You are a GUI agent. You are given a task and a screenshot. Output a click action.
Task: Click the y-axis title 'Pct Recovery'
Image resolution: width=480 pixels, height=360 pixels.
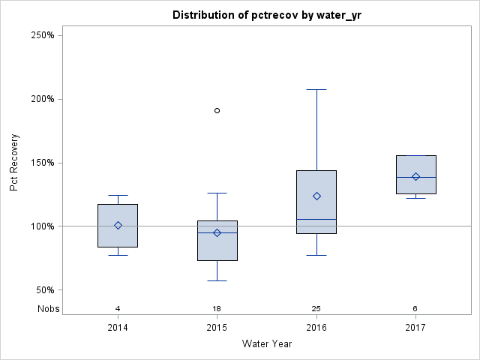click(x=14, y=163)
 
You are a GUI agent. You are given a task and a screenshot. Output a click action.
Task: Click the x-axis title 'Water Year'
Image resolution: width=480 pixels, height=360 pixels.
click(x=267, y=344)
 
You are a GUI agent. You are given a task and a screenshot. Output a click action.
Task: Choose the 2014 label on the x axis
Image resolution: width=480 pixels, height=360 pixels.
click(x=118, y=328)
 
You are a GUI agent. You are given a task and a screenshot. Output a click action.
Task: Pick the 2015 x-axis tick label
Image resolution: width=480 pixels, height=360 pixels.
click(x=217, y=328)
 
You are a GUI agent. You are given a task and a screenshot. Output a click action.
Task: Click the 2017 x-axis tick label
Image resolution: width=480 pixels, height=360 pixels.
click(x=415, y=328)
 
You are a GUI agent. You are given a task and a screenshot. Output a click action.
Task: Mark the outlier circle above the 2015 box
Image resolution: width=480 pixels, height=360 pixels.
click(x=217, y=110)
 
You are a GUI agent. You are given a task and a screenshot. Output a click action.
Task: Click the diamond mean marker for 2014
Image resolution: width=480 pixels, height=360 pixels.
click(x=118, y=225)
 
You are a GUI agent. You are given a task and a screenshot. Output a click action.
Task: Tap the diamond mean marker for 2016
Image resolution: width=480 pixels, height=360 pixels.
click(x=316, y=196)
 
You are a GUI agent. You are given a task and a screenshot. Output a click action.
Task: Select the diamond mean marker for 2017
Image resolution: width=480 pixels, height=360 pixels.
click(x=415, y=177)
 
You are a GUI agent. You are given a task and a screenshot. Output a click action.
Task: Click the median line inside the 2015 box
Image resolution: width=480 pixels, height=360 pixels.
click(x=217, y=232)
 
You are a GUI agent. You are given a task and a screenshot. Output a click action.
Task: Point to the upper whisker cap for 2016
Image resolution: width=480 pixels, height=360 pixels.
click(x=316, y=89)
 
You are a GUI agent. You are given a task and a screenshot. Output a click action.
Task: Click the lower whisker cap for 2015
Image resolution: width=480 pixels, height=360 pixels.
click(x=217, y=280)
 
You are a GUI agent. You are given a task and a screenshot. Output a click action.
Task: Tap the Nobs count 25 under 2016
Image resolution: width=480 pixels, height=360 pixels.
click(x=316, y=308)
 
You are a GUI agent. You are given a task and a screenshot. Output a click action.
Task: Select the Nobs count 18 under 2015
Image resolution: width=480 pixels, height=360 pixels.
click(x=217, y=308)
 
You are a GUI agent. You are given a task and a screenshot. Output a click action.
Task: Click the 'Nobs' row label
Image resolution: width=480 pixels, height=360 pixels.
click(x=49, y=308)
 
